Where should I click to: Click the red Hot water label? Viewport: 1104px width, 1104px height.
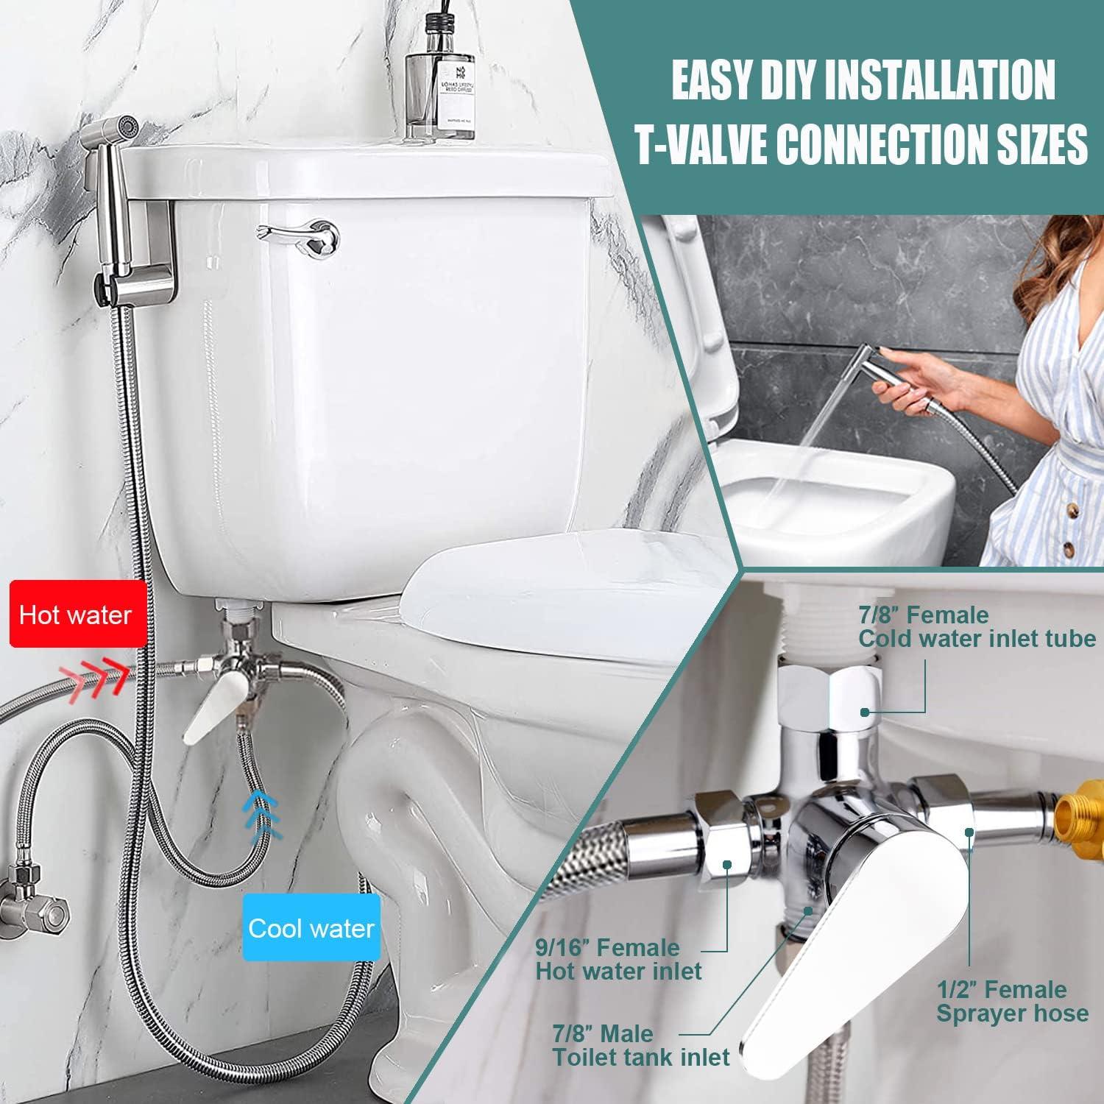click(x=77, y=615)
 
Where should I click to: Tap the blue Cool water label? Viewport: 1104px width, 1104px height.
click(x=311, y=928)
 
